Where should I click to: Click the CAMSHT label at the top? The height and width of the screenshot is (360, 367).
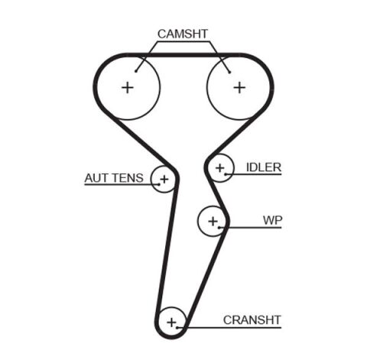(183, 34)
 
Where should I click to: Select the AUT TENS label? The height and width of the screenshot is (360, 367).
(113, 178)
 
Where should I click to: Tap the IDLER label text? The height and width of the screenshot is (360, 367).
(264, 167)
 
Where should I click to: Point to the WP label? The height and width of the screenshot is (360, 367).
(273, 220)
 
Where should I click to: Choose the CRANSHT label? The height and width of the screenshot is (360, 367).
(252, 319)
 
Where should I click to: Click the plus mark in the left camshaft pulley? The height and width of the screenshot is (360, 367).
(127, 87)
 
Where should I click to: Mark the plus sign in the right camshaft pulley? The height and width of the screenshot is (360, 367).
(239, 87)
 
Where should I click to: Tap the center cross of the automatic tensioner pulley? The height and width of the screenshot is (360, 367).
(163, 180)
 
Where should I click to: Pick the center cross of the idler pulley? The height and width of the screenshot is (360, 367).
(220, 167)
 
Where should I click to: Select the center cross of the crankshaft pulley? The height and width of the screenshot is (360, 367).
(172, 321)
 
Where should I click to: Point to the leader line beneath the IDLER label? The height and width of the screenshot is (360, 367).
(256, 175)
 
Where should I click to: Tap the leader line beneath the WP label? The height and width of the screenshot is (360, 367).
(256, 228)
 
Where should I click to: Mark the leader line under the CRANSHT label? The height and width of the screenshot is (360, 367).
(237, 328)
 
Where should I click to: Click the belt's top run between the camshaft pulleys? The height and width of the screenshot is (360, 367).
(183, 54)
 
